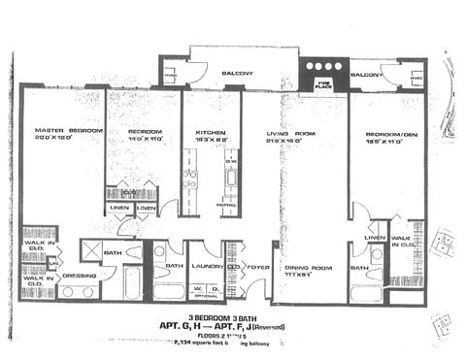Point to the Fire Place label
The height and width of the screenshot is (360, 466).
(322, 85)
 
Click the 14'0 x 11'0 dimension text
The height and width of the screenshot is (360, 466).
(143, 138)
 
